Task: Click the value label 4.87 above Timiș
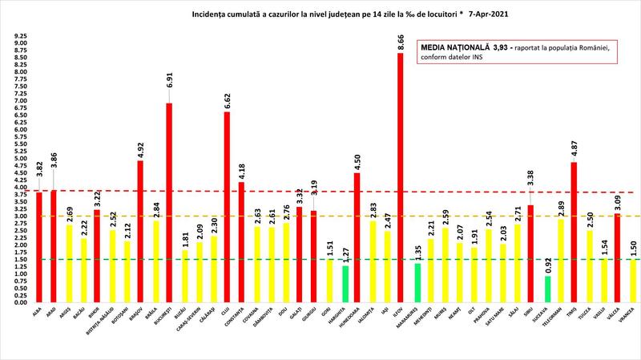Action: (574, 151)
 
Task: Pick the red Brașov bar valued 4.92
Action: (140, 232)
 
